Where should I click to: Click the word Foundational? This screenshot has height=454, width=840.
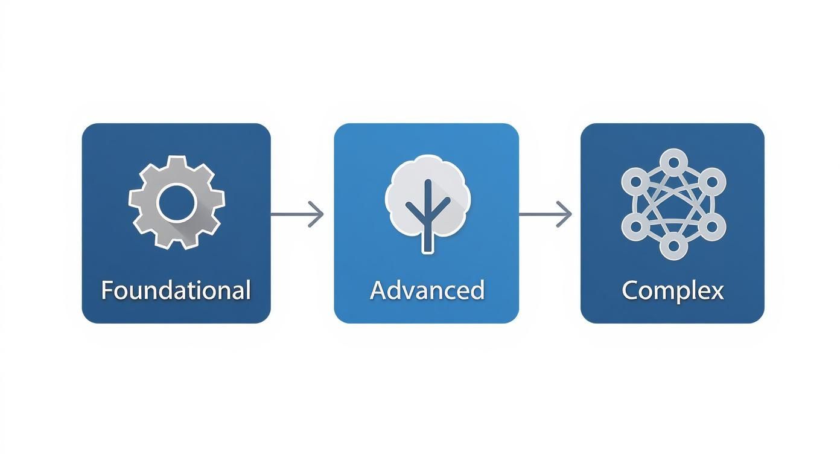[176, 290]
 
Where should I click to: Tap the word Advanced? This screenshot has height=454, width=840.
[427, 290]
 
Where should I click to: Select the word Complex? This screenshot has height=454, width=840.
[672, 290]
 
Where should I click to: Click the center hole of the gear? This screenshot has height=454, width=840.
[176, 202]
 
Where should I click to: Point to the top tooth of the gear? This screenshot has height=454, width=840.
[176, 161]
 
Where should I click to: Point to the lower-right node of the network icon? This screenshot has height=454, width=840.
[712, 226]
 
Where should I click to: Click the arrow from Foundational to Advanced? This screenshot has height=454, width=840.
[297, 214]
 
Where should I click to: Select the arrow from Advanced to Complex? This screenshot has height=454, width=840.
[545, 214]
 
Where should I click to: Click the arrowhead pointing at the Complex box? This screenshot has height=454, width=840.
[565, 214]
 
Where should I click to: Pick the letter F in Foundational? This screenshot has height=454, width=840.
[107, 290]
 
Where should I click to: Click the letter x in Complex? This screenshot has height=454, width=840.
[716, 292]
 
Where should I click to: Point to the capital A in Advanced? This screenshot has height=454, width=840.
[378, 290]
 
